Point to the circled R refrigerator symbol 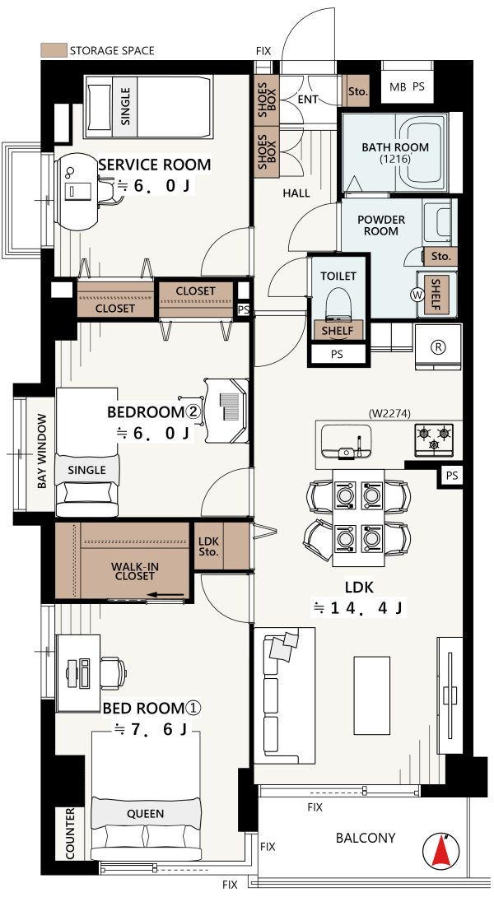[x=439, y=346]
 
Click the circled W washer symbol [x=416, y=295]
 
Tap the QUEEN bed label [x=146, y=814]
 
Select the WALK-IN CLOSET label [x=134, y=571]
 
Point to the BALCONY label [x=366, y=838]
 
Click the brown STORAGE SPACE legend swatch [x=54, y=50]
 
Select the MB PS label [x=407, y=87]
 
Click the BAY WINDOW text [x=42, y=451]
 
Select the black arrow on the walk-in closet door [x=165, y=596]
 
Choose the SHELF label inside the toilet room [x=338, y=330]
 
